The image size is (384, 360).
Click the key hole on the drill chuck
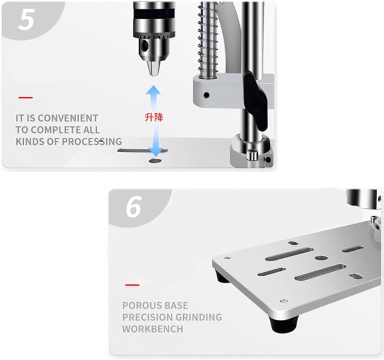146,44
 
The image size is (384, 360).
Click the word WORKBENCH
153,329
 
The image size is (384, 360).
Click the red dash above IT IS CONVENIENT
25,97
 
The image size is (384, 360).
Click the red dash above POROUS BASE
132,284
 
